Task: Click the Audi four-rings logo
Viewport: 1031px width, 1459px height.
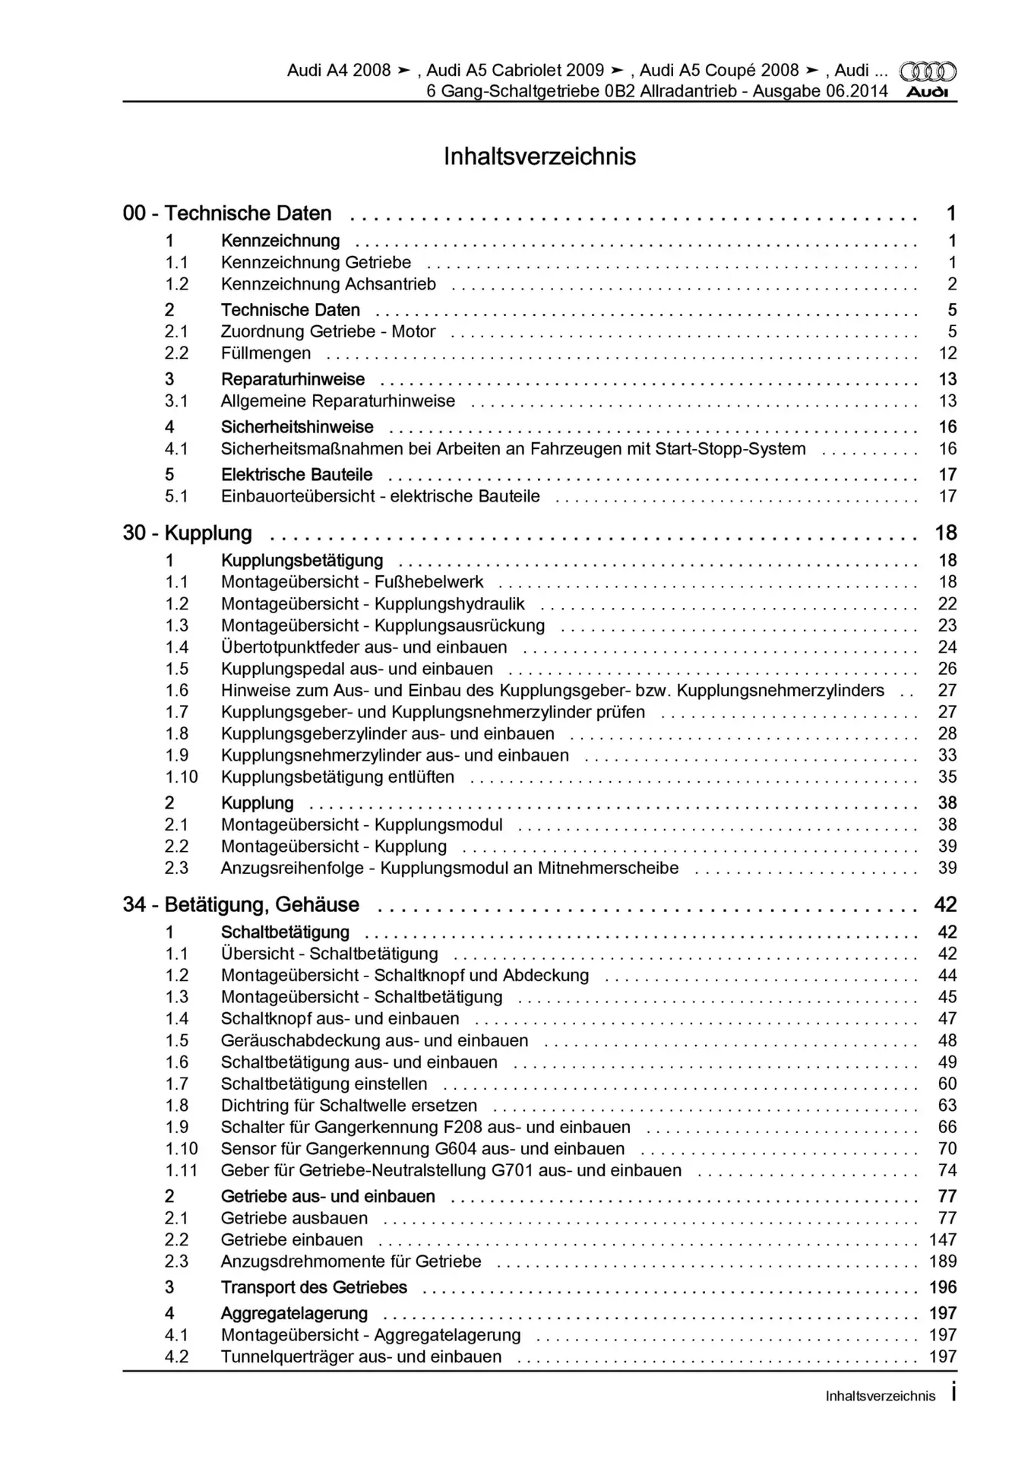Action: click(928, 72)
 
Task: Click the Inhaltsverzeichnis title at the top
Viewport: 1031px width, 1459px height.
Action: click(539, 157)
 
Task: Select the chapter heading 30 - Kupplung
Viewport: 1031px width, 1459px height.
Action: click(188, 533)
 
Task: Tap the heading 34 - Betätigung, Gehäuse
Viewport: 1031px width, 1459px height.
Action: click(241, 905)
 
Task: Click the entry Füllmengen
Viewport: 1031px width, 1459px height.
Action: click(266, 353)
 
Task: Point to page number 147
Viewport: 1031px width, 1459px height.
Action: click(943, 1240)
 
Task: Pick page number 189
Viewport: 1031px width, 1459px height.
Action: click(943, 1261)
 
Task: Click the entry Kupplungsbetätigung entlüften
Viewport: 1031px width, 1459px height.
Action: click(337, 777)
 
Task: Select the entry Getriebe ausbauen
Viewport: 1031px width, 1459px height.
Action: click(294, 1219)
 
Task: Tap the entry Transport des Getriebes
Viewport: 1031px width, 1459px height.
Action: click(314, 1288)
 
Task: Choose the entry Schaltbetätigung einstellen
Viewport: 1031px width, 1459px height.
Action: click(324, 1084)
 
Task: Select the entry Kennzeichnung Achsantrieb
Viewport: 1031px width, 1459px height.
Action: click(328, 284)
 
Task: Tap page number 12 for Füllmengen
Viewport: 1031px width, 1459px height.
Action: click(947, 353)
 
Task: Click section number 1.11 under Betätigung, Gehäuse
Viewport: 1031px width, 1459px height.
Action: click(181, 1171)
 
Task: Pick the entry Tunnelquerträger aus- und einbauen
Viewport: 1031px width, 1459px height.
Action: click(361, 1357)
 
